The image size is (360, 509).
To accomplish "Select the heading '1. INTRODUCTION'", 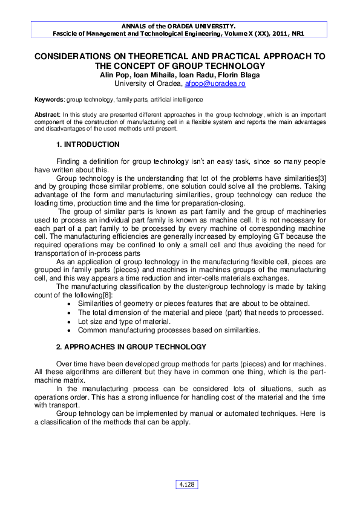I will pyautogui.click(x=88, y=145).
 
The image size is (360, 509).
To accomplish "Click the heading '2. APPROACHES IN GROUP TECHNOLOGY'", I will pyautogui.click(x=131, y=347).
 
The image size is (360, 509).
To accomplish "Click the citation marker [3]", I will pyautogui.click(x=321, y=179).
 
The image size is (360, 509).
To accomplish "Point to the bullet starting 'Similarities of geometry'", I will pyautogui.click(x=194, y=303).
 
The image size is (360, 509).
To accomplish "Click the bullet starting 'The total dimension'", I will pyautogui.click(x=200, y=312).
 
